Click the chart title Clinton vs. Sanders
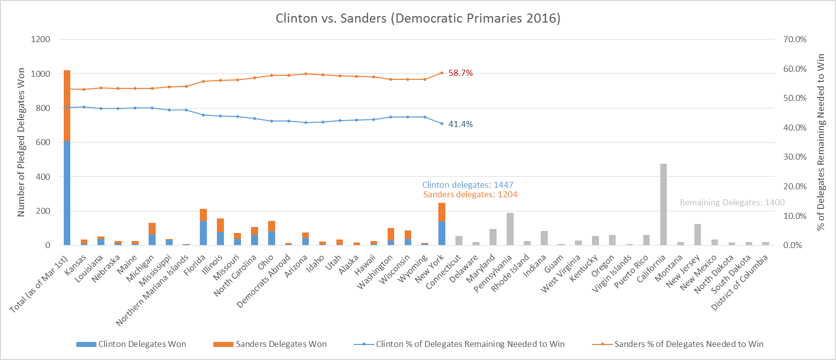pyautogui.click(x=418, y=19)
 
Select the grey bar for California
pyautogui.click(x=663, y=206)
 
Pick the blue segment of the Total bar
pyautogui.click(x=67, y=193)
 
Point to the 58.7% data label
pyautogui.click(x=460, y=73)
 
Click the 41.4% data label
pyautogui.click(x=460, y=124)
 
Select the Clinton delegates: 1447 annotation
pyautogui.click(x=467, y=185)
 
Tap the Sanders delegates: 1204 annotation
pyautogui.click(x=470, y=194)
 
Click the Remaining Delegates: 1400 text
pyautogui.click(x=732, y=202)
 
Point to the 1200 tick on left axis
pyautogui.click(x=41, y=39)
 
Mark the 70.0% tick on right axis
pyautogui.click(x=795, y=39)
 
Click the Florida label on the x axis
pyautogui.click(x=195, y=265)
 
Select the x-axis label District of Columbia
pyautogui.click(x=740, y=283)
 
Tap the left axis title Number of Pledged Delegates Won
pyautogui.click(x=21, y=143)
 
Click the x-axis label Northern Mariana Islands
pyautogui.click(x=152, y=290)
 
